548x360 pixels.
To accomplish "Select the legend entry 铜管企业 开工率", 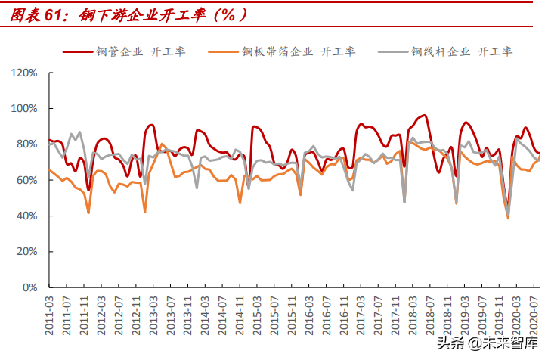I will tap(141, 51).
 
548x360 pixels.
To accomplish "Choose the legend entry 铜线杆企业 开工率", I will tap(462, 51).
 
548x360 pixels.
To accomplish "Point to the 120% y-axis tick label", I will tap(25, 73).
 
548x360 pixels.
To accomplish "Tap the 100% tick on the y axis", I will tap(25, 109).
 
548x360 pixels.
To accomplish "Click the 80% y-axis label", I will tap(27, 144).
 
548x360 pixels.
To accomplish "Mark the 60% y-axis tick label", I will tap(27, 180).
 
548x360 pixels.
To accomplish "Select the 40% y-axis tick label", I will tap(27, 216).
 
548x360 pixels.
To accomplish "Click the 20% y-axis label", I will tap(27, 252).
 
